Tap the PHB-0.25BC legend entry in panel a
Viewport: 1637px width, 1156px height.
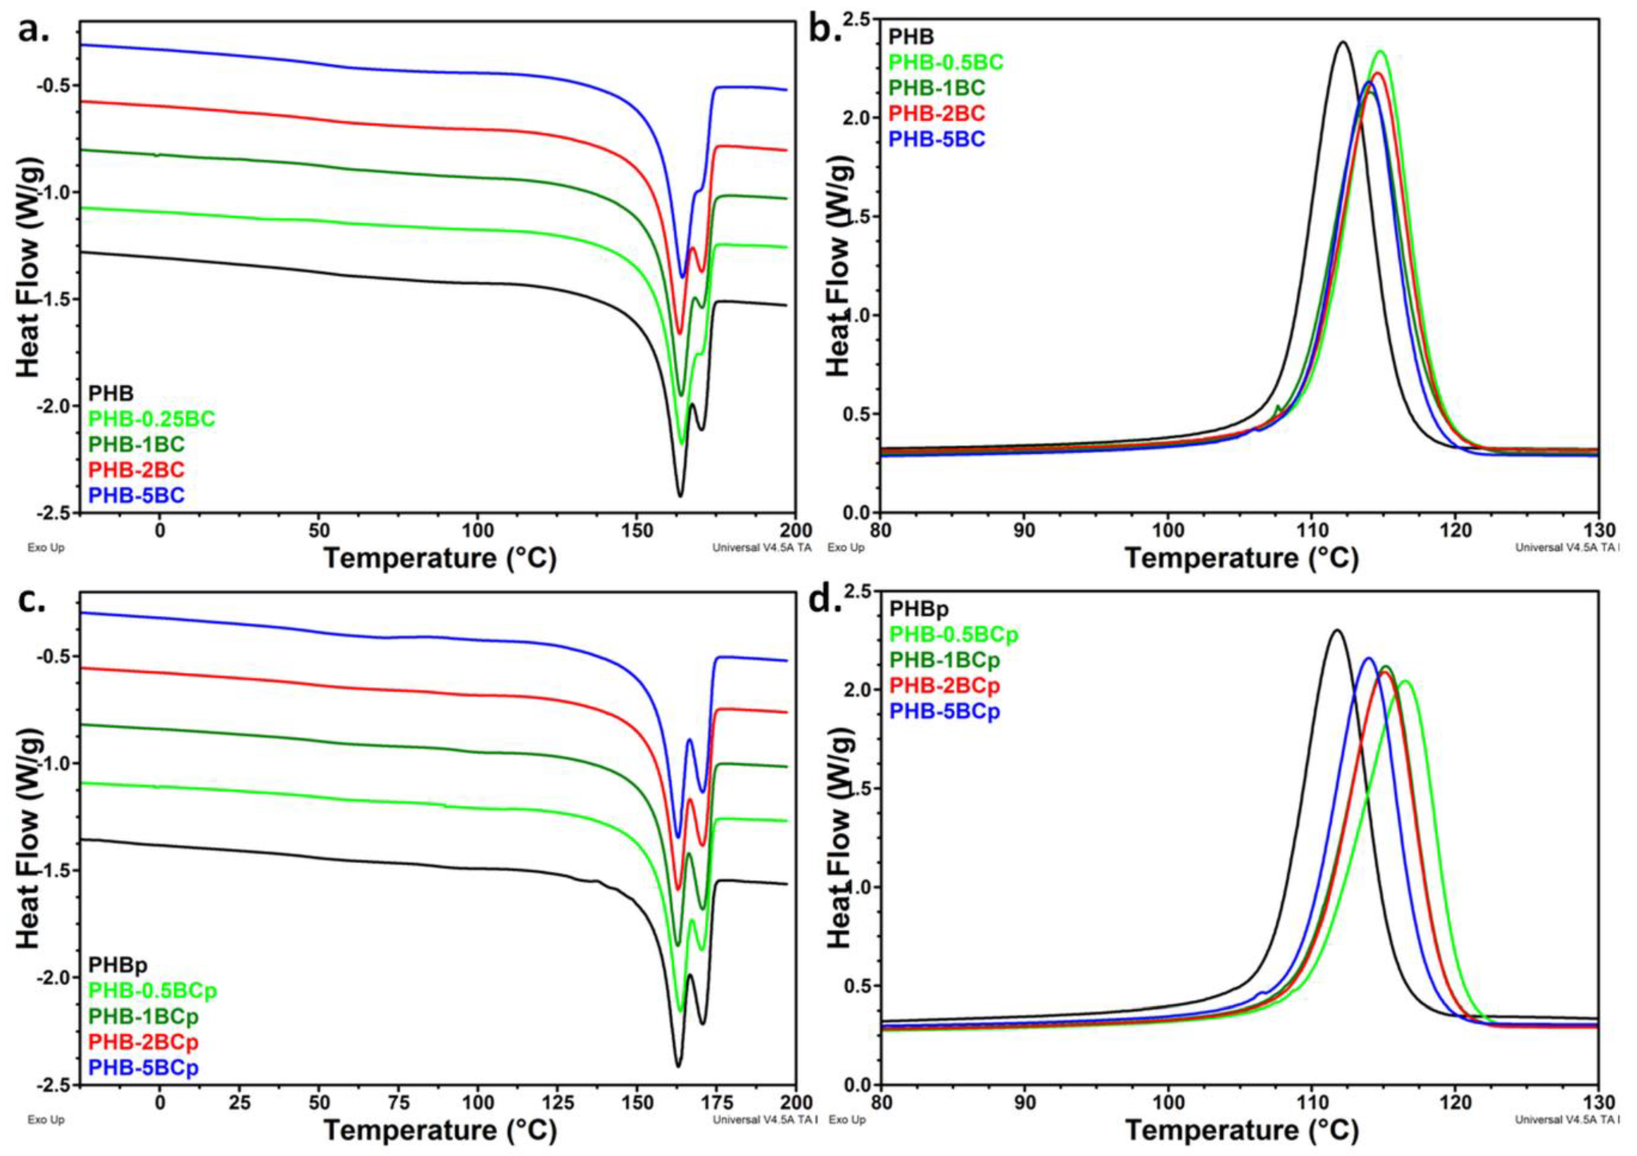[x=151, y=419]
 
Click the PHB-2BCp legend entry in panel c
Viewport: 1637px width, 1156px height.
[x=143, y=1042]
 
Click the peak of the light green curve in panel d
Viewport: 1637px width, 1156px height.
[x=1405, y=681]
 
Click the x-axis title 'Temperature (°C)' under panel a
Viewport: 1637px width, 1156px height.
[x=439, y=558]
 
